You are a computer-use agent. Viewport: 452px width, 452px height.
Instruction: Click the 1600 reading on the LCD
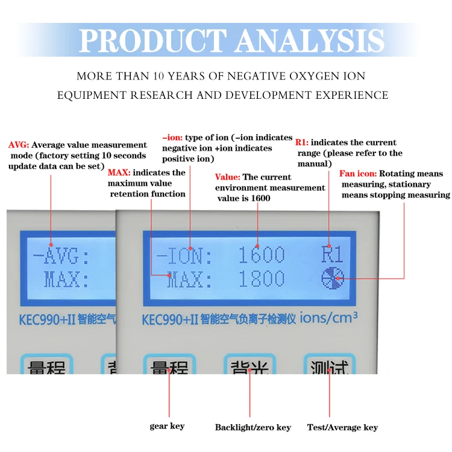click(262, 256)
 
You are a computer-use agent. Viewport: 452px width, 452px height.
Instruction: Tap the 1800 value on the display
click(262, 279)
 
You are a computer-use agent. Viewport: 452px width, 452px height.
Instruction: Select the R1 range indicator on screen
click(331, 256)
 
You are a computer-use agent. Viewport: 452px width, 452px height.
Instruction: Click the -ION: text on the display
click(184, 256)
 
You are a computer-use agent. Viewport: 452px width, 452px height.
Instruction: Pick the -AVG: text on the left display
click(61, 257)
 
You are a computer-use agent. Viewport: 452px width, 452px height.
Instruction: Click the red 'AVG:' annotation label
click(19, 145)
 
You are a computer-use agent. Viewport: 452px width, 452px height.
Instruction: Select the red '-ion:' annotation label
click(173, 137)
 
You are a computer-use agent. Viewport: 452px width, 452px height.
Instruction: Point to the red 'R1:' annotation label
click(302, 143)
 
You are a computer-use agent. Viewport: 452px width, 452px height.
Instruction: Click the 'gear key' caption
click(167, 426)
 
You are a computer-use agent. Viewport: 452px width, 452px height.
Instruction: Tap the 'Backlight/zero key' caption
click(253, 427)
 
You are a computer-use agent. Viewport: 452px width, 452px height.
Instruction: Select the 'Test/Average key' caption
click(342, 427)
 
